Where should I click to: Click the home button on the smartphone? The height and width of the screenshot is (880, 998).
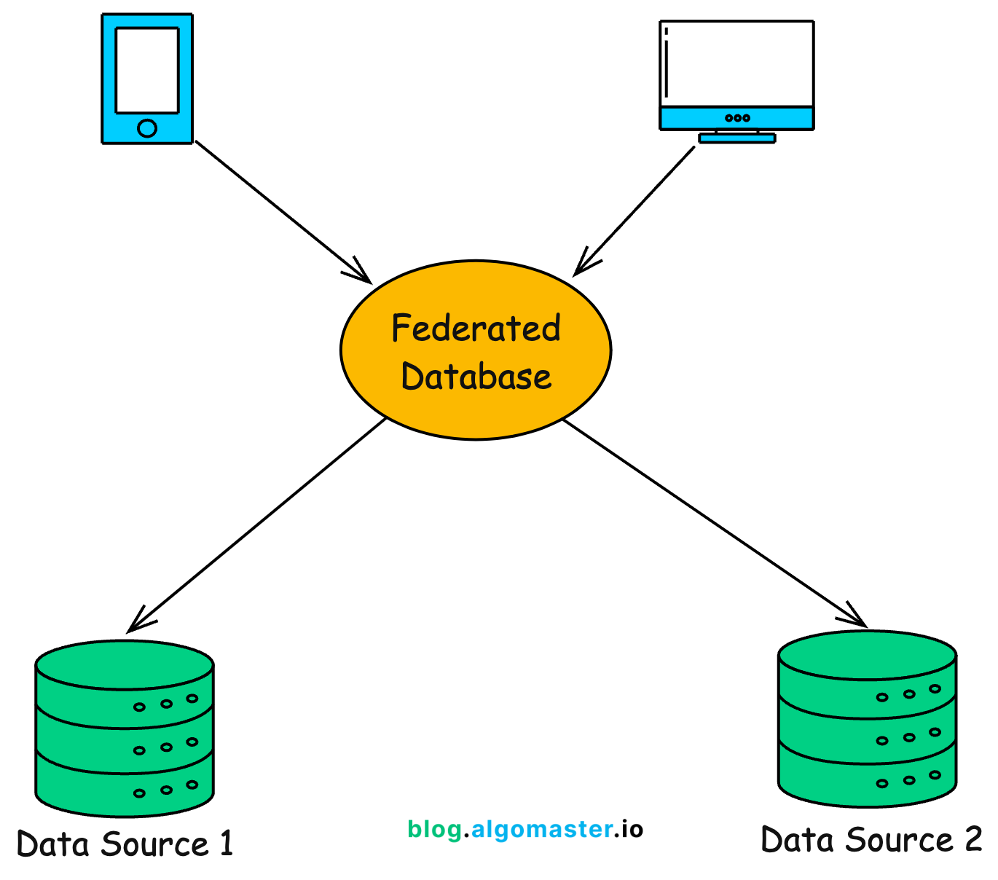point(147,129)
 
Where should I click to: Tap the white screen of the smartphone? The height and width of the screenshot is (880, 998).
point(147,70)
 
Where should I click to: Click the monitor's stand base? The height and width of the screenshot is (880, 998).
point(736,138)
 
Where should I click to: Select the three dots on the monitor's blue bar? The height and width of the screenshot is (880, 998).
point(737,118)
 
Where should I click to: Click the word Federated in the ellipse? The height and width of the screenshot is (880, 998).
point(476,329)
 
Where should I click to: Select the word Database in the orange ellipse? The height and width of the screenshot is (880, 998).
point(476,377)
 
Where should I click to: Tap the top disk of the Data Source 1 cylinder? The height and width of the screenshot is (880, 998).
point(125,664)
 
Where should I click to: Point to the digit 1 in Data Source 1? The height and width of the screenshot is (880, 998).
point(227,844)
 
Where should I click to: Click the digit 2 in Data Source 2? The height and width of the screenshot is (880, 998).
point(973,840)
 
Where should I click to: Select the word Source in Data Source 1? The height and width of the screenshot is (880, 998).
point(154,844)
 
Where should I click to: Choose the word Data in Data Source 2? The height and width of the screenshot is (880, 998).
point(792,840)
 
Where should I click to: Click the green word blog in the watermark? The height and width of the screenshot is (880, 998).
point(434,830)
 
